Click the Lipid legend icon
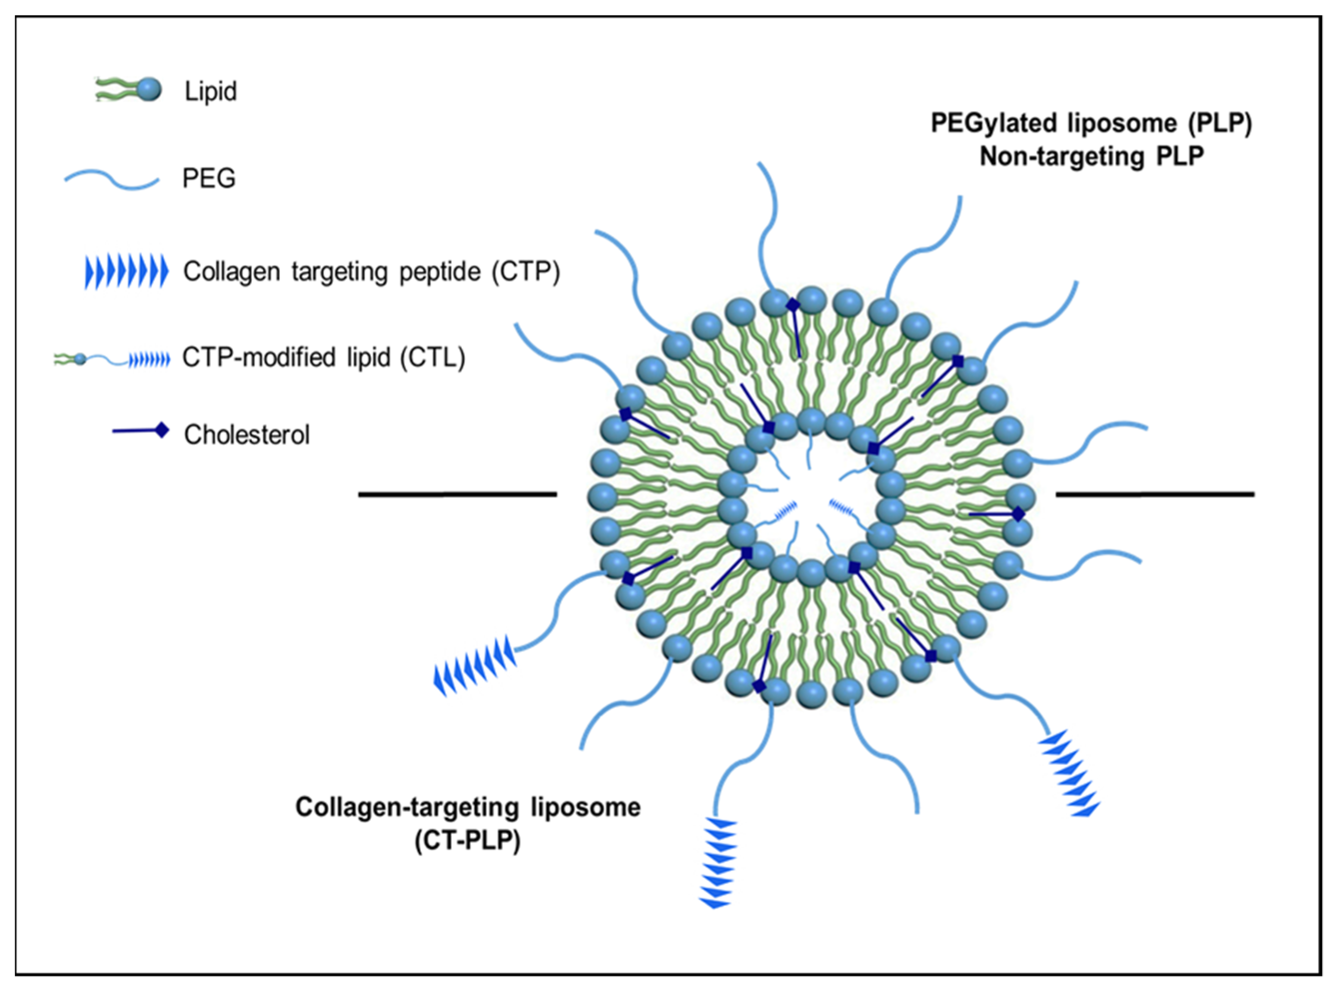pyautogui.click(x=128, y=90)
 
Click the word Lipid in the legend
pyautogui.click(x=211, y=91)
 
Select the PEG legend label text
pyautogui.click(x=209, y=178)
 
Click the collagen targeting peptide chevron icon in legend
pyautogui.click(x=126, y=272)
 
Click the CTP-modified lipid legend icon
pyautogui.click(x=112, y=359)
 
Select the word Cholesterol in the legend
pyautogui.click(x=247, y=435)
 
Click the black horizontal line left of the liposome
pyautogui.click(x=458, y=494)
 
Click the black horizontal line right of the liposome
pyautogui.click(x=1155, y=494)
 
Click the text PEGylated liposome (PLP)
pyautogui.click(x=1091, y=123)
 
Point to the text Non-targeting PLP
pyautogui.click(x=1091, y=157)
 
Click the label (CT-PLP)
pyautogui.click(x=468, y=841)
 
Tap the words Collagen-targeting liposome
pyautogui.click(x=468, y=807)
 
